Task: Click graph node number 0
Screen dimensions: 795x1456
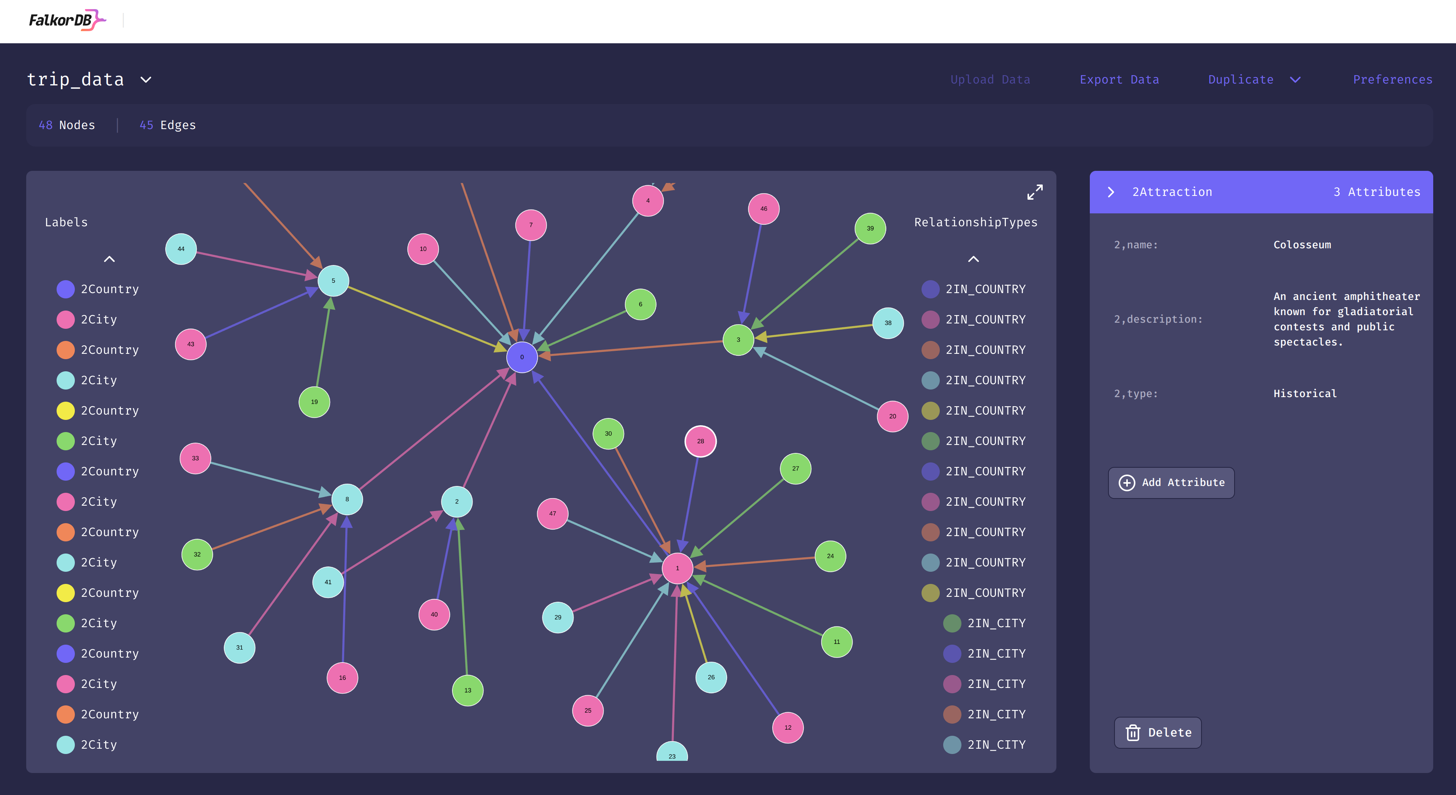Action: [522, 357]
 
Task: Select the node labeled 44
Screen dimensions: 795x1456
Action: [181, 249]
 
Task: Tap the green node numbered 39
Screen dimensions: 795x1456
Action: [870, 229]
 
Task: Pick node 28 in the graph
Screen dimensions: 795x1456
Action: [700, 441]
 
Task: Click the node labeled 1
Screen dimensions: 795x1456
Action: [677, 568]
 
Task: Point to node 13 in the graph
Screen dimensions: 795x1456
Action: [468, 691]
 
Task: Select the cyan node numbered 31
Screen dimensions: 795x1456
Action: [240, 648]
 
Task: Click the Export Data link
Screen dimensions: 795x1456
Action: [1119, 80]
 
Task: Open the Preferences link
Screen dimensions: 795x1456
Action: [1392, 80]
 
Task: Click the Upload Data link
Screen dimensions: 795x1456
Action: [990, 80]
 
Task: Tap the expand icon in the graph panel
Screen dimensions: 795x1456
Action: [1034, 192]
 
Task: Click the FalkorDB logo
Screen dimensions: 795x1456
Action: [67, 21]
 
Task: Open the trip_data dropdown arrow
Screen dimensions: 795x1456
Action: [146, 80]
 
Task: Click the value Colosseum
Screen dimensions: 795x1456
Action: [1302, 244]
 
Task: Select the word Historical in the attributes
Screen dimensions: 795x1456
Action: [1304, 394]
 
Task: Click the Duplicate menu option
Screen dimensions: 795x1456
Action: [1241, 80]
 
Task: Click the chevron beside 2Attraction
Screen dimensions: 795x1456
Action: [1111, 192]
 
